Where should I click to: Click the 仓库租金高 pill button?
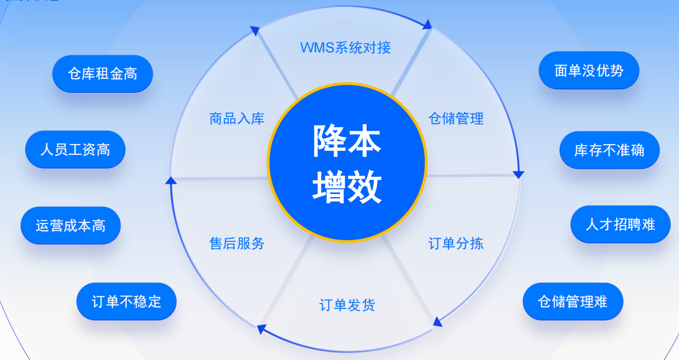(103, 74)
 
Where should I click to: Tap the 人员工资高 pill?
(76, 149)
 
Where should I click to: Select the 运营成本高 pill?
(70, 225)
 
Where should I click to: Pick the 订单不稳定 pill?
(126, 301)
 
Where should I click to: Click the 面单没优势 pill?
(589, 70)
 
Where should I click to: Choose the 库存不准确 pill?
(609, 150)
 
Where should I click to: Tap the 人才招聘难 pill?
(620, 224)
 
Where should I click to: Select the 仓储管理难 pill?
(573, 301)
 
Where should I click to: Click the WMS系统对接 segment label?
(346, 47)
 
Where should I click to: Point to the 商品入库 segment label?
(237, 119)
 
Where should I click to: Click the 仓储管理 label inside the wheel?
(456, 118)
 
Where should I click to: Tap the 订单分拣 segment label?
(455, 243)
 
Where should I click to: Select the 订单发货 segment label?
(347, 305)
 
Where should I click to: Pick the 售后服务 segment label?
(237, 243)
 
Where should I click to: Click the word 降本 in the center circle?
(347, 140)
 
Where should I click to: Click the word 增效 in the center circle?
(347, 187)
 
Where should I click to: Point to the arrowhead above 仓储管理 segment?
(428, 24)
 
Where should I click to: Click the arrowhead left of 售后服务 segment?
(171, 180)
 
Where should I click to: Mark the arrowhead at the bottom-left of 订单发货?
(261, 329)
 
